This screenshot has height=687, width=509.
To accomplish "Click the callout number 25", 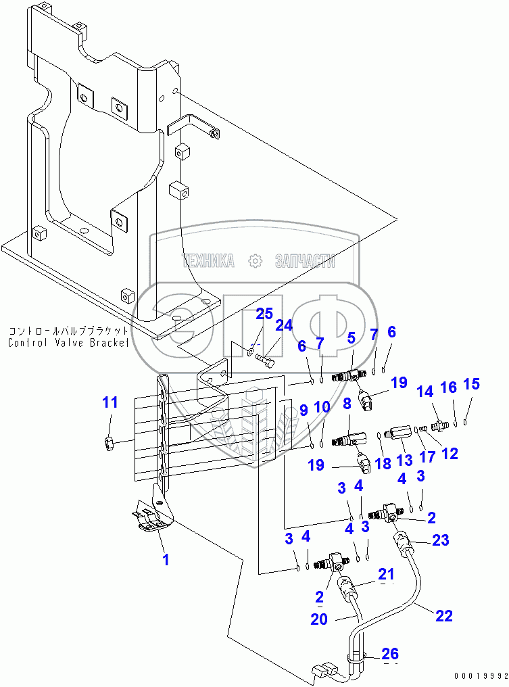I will pyautogui.click(x=264, y=314).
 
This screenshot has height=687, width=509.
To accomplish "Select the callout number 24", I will pyautogui.click(x=284, y=325).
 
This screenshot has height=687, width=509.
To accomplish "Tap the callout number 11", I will pyautogui.click(x=110, y=403).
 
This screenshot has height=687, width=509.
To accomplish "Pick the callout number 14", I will pyautogui.click(x=424, y=392).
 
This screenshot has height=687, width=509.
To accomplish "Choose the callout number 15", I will pyautogui.click(x=471, y=384).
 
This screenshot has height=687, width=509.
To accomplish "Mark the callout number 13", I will pyautogui.click(x=404, y=460).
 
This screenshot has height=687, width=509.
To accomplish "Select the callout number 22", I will pyautogui.click(x=444, y=615).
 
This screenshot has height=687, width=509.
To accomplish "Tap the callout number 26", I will pyautogui.click(x=389, y=654).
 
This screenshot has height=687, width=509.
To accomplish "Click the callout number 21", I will pyautogui.click(x=386, y=574).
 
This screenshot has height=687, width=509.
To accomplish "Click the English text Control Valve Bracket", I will pyautogui.click(x=68, y=343).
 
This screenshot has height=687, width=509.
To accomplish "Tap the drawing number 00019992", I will pyautogui.click(x=479, y=676).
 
